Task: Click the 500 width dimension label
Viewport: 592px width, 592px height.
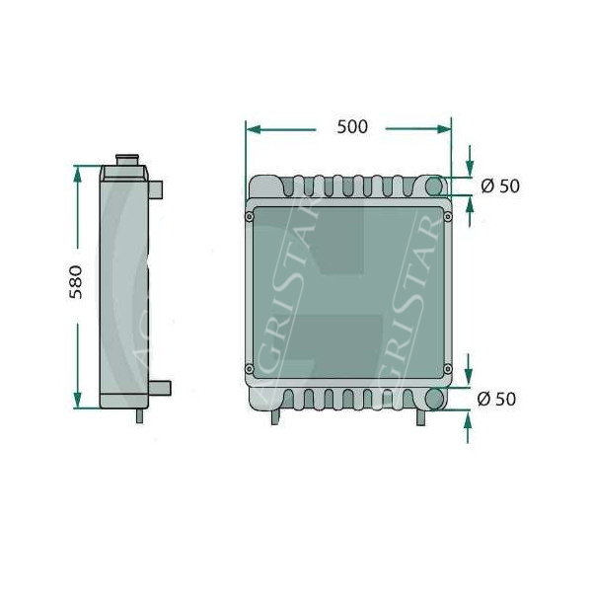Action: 352,127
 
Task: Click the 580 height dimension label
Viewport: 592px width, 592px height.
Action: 76,282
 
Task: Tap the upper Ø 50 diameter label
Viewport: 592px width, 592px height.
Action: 500,185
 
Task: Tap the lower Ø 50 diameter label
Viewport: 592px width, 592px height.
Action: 496,399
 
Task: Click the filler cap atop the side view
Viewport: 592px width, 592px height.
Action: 127,160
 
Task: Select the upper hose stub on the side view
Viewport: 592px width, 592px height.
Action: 156,189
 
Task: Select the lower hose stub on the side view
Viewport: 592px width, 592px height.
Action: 160,388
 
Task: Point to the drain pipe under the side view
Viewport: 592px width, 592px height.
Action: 140,415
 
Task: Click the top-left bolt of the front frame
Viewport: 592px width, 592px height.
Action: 250,217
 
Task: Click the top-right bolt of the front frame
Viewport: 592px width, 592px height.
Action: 448,216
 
